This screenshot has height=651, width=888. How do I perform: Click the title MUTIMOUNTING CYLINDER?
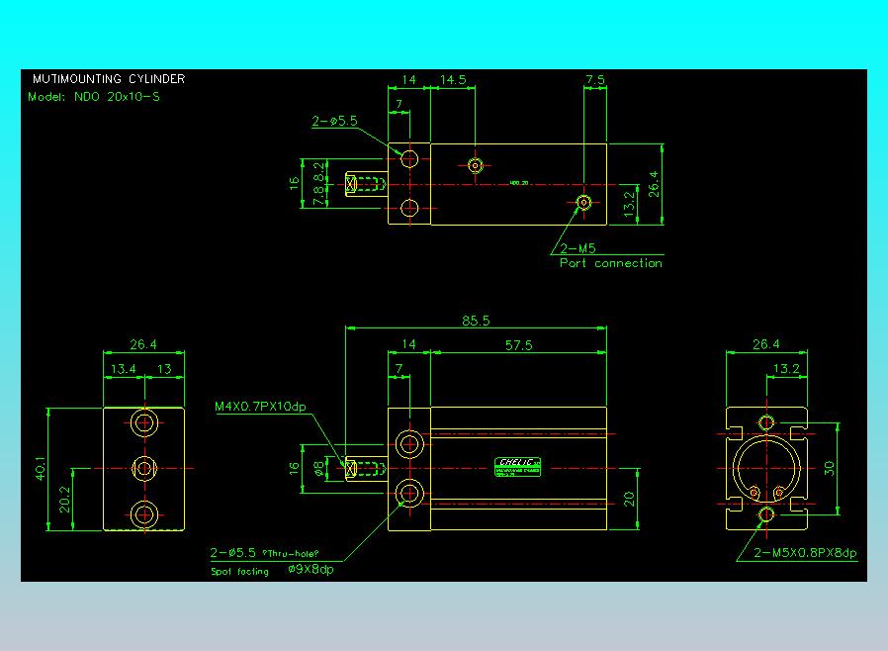pos(108,79)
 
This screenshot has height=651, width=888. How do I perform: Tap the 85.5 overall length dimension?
pos(476,321)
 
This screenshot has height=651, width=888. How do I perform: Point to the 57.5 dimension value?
pos(518,344)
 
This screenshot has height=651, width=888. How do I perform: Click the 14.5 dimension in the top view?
pos(453,80)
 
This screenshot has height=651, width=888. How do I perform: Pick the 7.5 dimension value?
pos(595,80)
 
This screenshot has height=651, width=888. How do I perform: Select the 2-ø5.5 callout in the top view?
pos(334,122)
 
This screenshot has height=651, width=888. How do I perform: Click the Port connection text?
pos(610,263)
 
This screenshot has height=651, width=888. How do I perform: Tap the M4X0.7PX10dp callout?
pos(261,406)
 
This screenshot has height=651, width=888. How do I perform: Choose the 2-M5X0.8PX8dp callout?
pos(805,553)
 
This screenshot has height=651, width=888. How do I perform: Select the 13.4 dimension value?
pos(125,369)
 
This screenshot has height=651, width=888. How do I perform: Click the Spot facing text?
pos(239,572)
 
